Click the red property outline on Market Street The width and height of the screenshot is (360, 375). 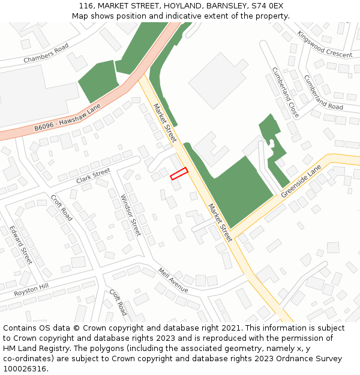pyautogui.click(x=179, y=173)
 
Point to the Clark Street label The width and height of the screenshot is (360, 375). pyautogui.click(x=94, y=176)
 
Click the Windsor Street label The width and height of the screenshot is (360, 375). pyautogui.click(x=130, y=215)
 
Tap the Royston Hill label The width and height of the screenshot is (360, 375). pyautogui.click(x=31, y=290)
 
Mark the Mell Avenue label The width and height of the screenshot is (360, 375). pyautogui.click(x=173, y=280)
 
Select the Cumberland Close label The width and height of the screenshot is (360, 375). pyautogui.click(x=285, y=91)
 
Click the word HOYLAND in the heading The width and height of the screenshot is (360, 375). pyautogui.click(x=177, y=6)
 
